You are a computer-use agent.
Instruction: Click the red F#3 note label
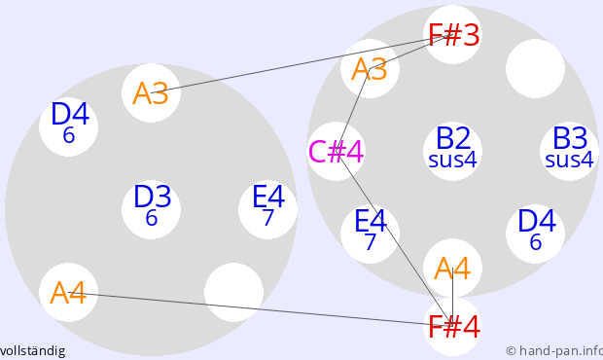pos(453,35)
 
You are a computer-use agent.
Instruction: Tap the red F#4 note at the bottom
pos(453,327)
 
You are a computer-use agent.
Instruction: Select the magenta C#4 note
pos(337,152)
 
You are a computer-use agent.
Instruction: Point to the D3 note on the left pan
pos(152,205)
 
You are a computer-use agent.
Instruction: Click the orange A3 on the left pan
pos(151,93)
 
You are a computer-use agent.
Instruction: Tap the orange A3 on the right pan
pos(370,69)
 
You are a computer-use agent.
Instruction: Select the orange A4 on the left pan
pos(68,293)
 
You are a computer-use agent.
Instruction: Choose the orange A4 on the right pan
pos(452,269)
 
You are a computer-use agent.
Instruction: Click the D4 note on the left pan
pos(70,123)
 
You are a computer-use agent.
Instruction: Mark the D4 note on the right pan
pos(536,230)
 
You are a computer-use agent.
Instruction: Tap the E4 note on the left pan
pos(268,205)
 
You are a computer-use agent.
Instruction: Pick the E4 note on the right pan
pos(370,230)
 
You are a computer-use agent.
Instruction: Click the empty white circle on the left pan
pos(233,292)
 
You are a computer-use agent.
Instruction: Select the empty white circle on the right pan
pos(535,68)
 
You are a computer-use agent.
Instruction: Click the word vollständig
pos(33,351)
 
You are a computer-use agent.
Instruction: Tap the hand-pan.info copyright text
pos(554,351)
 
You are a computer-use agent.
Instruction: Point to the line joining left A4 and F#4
pos(261,309)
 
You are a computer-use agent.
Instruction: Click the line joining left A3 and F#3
pos(301,64)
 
